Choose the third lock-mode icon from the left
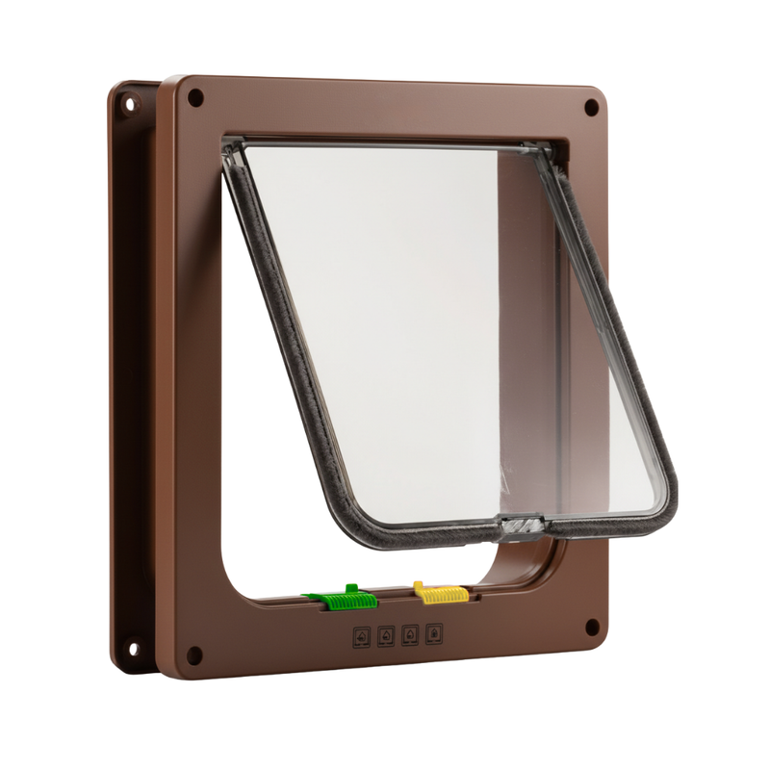point(411,635)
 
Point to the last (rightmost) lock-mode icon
point(435,635)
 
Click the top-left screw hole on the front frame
point(195,97)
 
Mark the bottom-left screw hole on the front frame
point(193,654)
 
